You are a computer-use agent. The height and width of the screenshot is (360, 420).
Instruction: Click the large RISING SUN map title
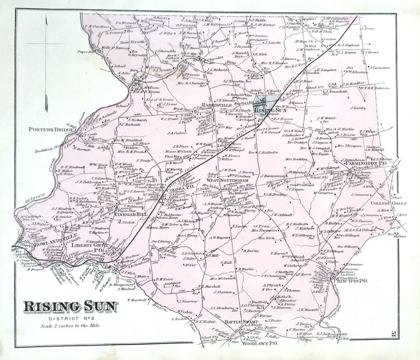tap(70, 307)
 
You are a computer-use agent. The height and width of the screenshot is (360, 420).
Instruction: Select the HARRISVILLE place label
tap(217, 105)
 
